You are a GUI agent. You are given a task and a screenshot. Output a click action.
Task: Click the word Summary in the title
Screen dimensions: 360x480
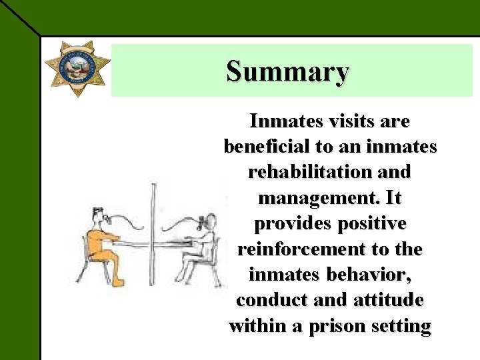pos(287,71)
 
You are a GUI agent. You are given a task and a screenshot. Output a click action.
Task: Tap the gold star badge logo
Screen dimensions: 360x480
pos(77,67)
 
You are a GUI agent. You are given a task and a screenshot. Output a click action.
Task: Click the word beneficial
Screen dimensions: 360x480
pos(272,147)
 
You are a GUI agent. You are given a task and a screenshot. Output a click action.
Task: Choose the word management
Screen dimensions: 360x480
pos(310,198)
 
